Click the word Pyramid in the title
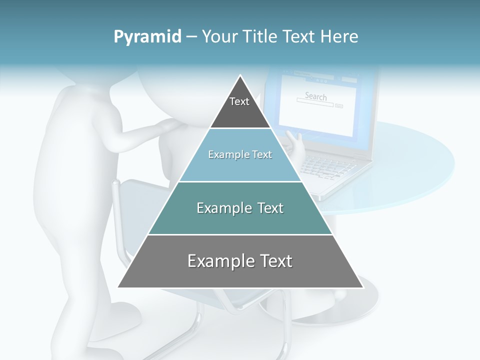pos(147,37)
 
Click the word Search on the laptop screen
pos(316,96)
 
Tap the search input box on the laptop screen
pos(314,104)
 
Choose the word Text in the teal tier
pos(268,208)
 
